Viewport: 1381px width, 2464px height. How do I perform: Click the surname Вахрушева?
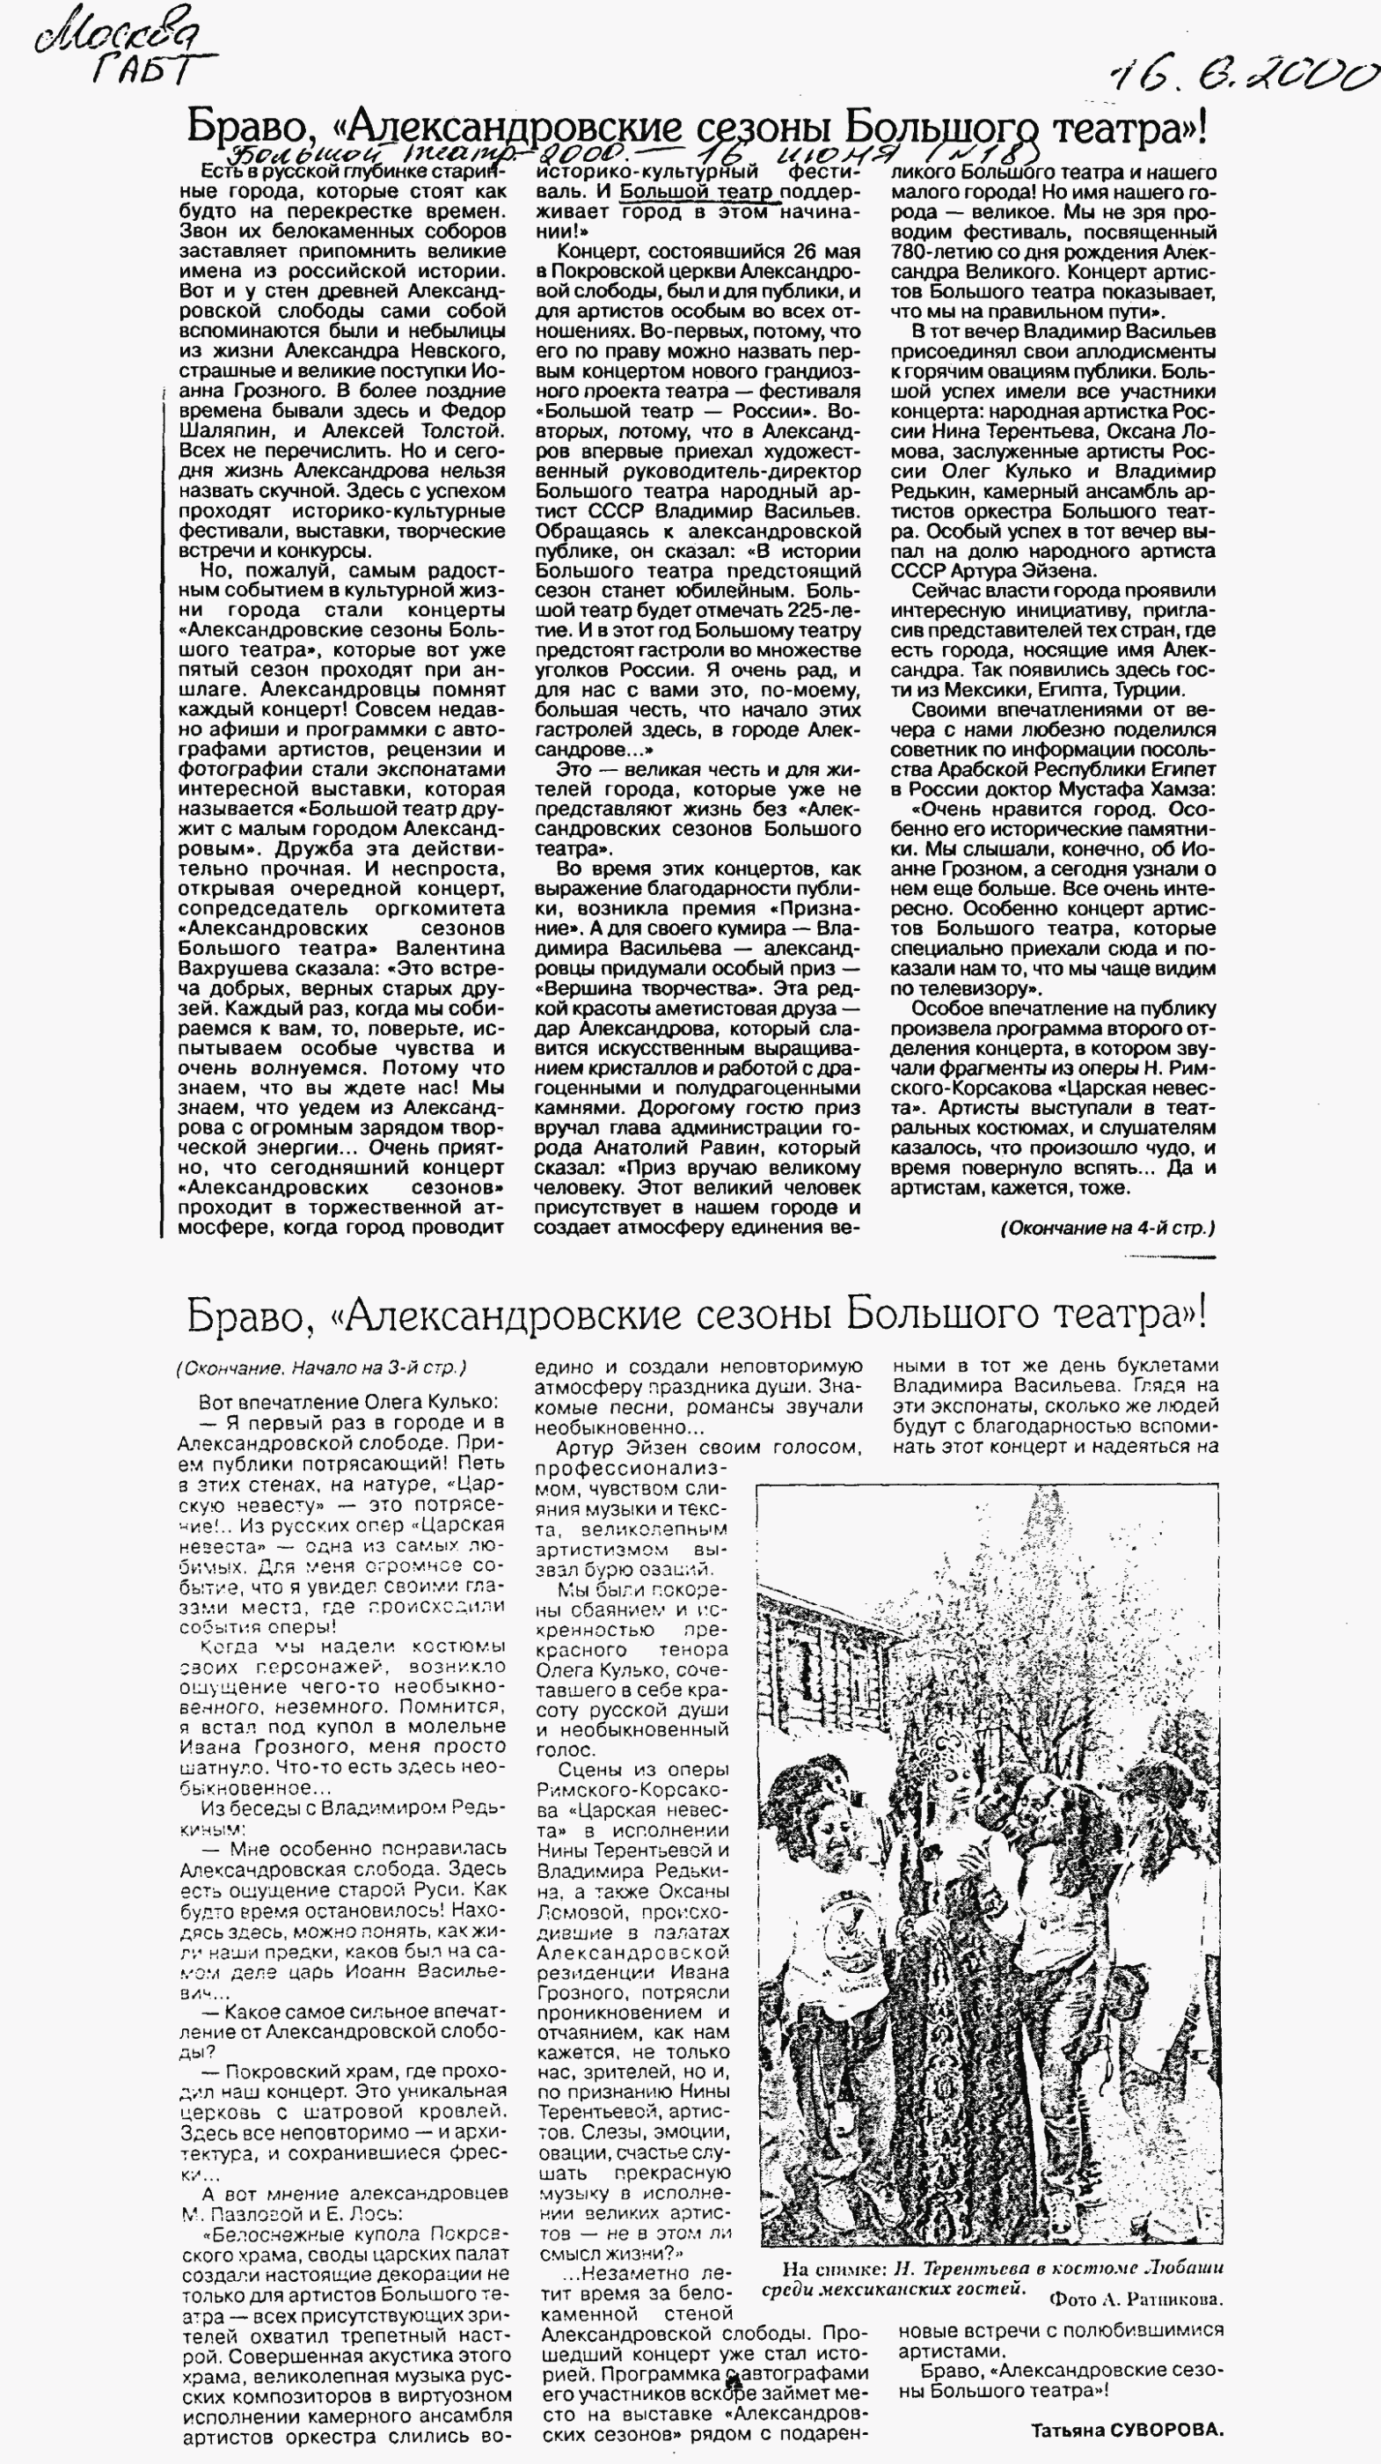click(x=226, y=968)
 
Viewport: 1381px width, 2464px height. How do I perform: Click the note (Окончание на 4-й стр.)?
click(x=1107, y=1228)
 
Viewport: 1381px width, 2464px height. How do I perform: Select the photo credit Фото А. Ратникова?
click(x=1136, y=2299)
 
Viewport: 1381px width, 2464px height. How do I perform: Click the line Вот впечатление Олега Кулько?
click(x=347, y=1402)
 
